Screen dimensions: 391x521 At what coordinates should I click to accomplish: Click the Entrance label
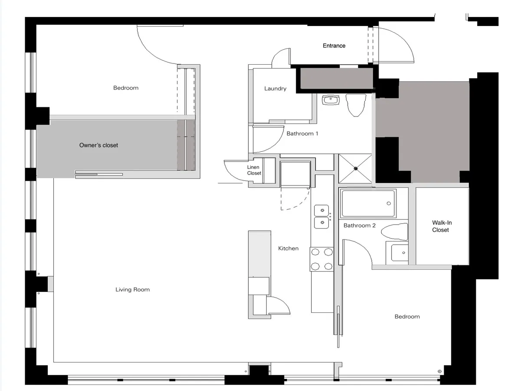click(334, 46)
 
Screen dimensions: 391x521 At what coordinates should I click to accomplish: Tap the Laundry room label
click(275, 89)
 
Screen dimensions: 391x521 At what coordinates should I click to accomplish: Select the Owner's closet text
click(99, 145)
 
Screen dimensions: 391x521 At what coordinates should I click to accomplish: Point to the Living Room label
click(132, 290)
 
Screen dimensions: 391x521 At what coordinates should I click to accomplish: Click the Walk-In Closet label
click(442, 226)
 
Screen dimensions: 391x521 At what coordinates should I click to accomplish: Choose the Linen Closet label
click(254, 170)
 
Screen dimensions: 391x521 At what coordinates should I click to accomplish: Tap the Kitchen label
click(288, 249)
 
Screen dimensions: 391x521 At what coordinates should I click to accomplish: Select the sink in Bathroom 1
click(331, 100)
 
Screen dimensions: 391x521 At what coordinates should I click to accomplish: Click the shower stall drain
click(356, 168)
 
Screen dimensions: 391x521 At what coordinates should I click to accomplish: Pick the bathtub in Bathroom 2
click(368, 204)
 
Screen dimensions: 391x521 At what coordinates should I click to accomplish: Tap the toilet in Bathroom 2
click(395, 232)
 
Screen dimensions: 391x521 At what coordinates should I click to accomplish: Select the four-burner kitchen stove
click(322, 259)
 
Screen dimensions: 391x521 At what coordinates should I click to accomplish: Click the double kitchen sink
click(322, 216)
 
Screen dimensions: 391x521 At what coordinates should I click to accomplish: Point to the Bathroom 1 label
click(302, 134)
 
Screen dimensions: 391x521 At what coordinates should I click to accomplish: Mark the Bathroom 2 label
click(359, 225)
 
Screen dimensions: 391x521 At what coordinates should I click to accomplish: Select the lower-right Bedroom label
click(407, 317)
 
